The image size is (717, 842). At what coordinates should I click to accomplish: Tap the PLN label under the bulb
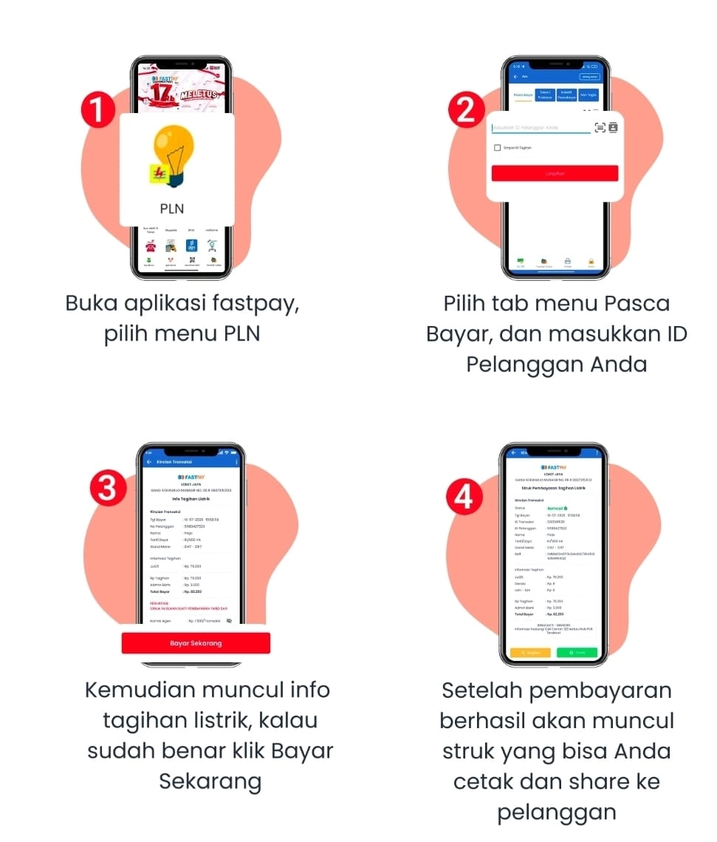(x=171, y=208)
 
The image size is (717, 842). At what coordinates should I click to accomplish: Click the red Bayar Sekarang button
(x=196, y=643)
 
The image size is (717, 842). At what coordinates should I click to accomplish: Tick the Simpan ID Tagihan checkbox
(x=498, y=148)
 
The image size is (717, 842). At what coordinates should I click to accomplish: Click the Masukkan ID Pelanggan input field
(x=541, y=128)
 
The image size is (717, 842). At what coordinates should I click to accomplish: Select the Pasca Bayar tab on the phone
(x=524, y=95)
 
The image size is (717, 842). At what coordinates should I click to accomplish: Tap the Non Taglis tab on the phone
(x=588, y=95)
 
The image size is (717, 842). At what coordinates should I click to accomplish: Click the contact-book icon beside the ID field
(x=613, y=128)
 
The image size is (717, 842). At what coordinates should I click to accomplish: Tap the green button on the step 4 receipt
(x=577, y=653)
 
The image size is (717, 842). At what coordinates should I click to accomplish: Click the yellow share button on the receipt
(x=530, y=653)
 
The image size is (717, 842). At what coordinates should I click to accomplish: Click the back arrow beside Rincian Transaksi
(x=149, y=462)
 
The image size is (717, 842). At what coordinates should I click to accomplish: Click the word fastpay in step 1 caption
(x=255, y=304)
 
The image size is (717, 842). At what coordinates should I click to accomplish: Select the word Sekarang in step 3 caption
(x=210, y=781)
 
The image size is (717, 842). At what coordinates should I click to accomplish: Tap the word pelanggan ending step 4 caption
(x=557, y=812)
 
